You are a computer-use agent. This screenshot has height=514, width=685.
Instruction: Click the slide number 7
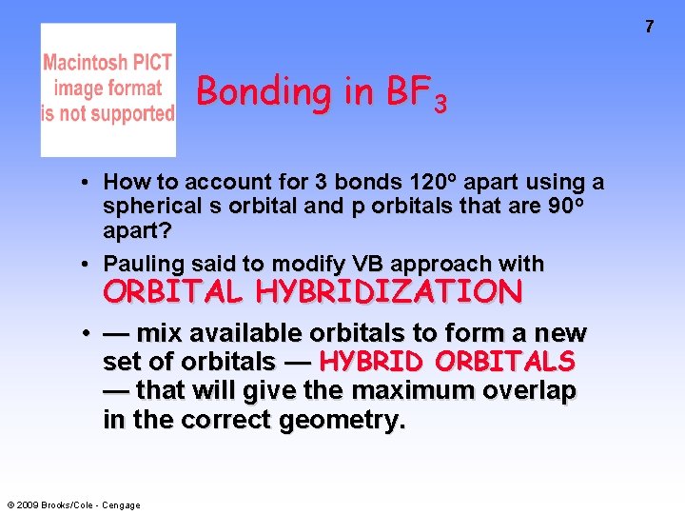pyautogui.click(x=650, y=27)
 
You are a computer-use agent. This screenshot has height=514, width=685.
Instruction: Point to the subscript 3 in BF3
pyautogui.click(x=439, y=102)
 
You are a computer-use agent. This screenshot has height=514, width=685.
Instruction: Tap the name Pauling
pyautogui.click(x=143, y=264)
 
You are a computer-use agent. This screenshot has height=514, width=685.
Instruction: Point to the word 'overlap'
pyautogui.click(x=538, y=390)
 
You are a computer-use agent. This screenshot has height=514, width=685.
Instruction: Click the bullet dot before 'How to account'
pyautogui.click(x=86, y=182)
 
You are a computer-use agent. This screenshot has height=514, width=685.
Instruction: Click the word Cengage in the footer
pyautogui.click(x=121, y=504)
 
